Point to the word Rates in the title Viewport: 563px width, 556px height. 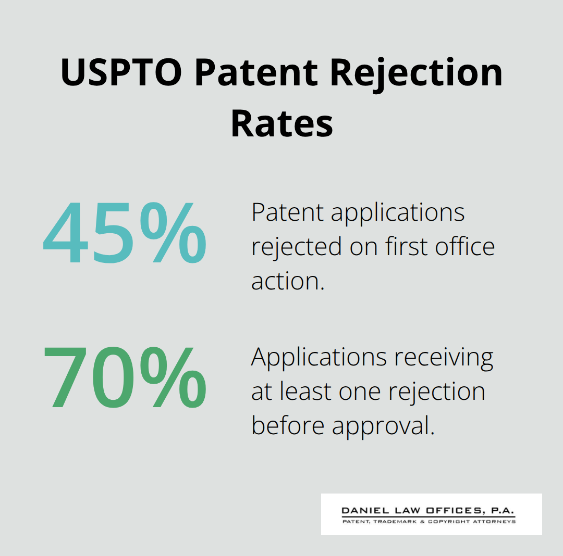click(281, 123)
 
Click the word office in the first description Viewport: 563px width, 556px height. click(466, 246)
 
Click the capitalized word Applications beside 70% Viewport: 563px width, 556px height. click(319, 357)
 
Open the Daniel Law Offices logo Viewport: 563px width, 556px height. click(431, 514)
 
